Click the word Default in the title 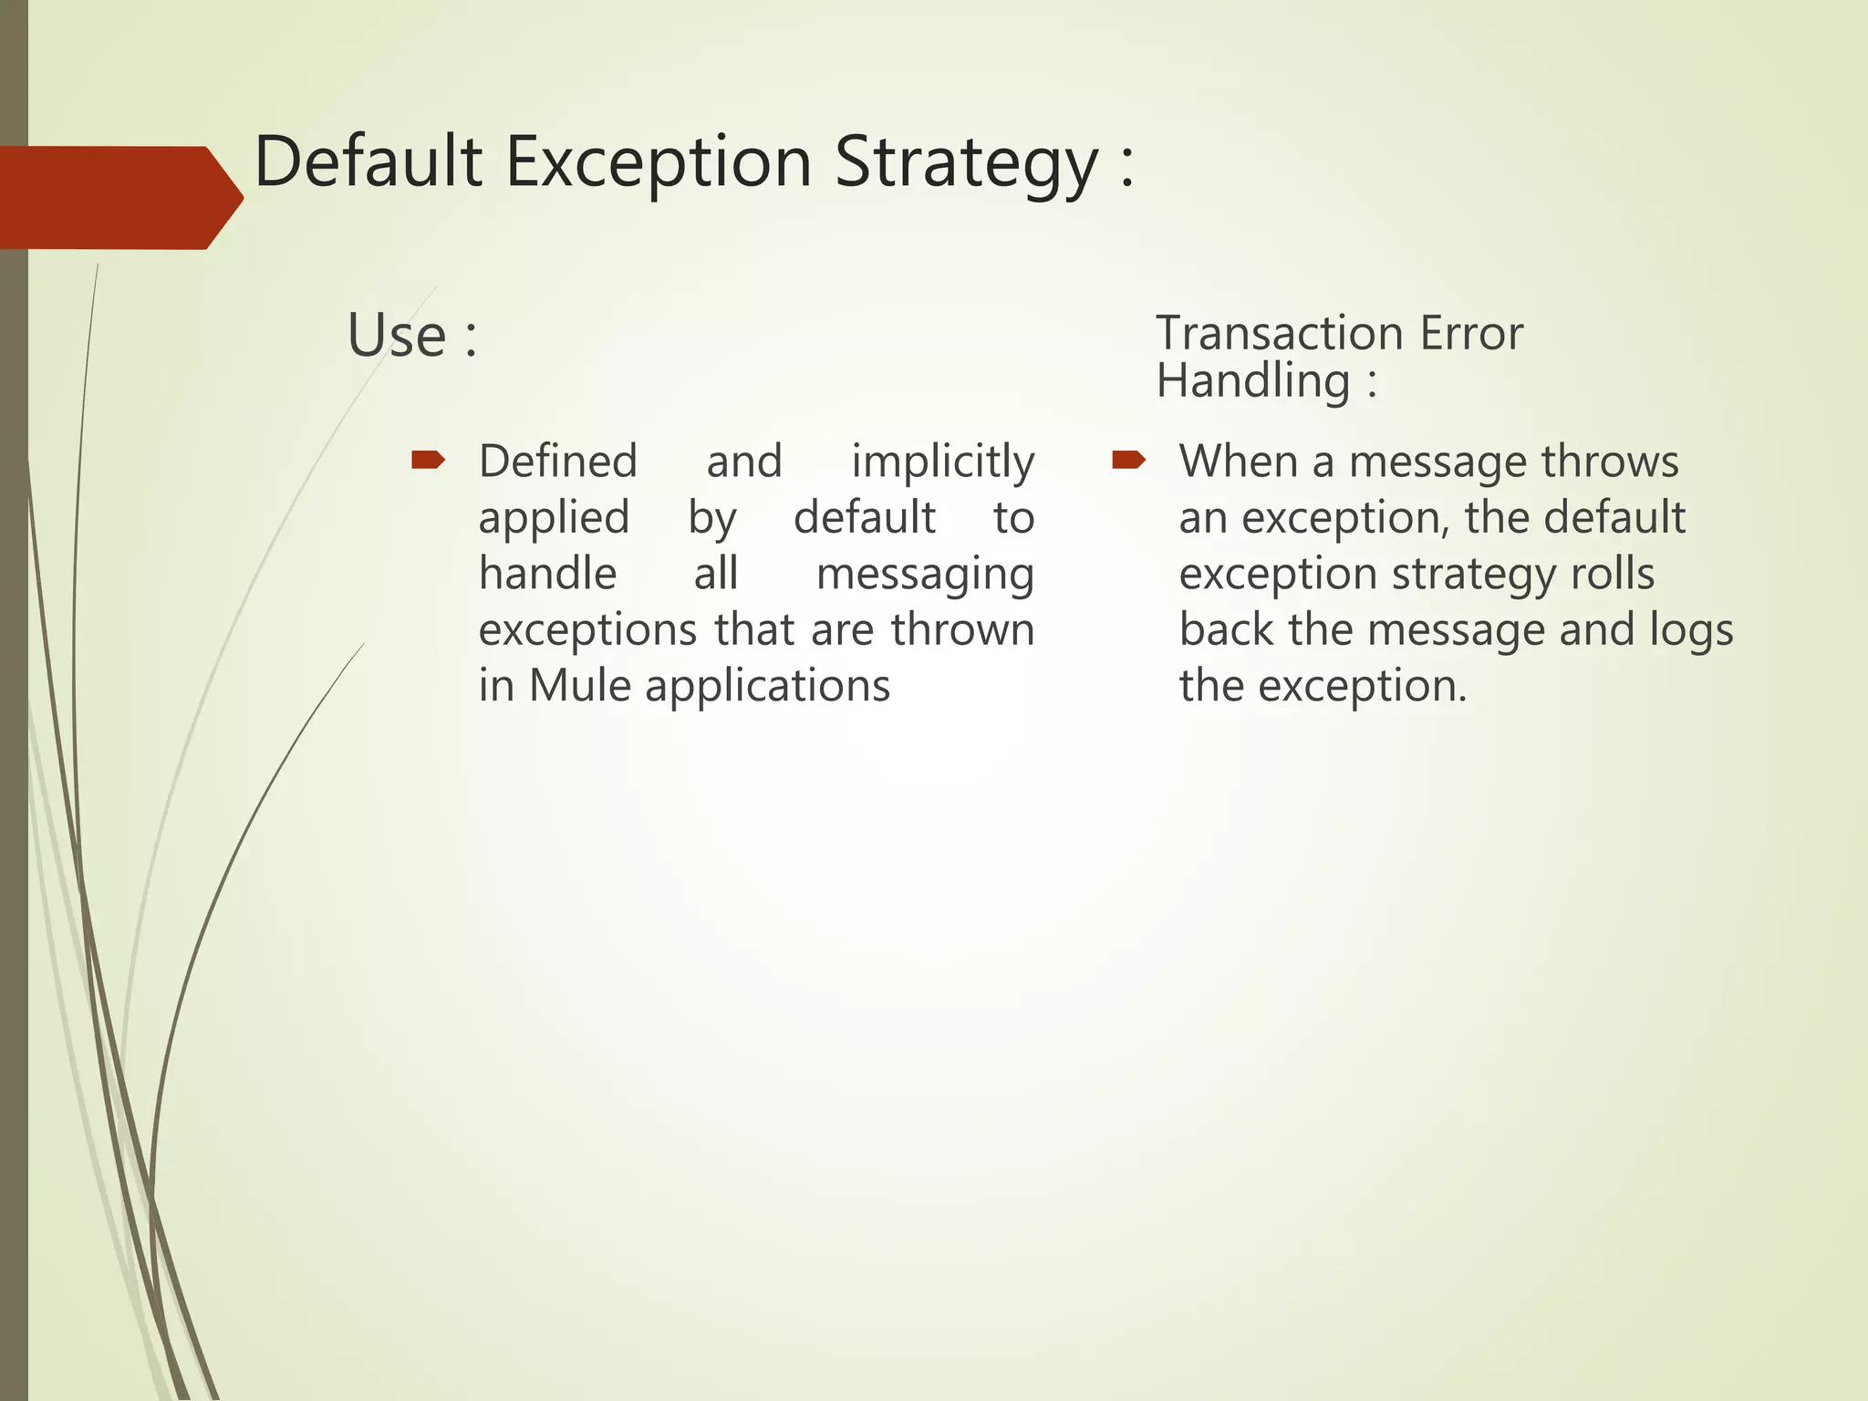coord(368,161)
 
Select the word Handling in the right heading coord(1252,380)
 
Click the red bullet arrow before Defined coord(428,460)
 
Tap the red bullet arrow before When coord(1128,460)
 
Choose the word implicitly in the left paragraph coord(942,462)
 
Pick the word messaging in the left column coord(924,575)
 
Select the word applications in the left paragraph coord(767,687)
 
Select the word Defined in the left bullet coord(557,462)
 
